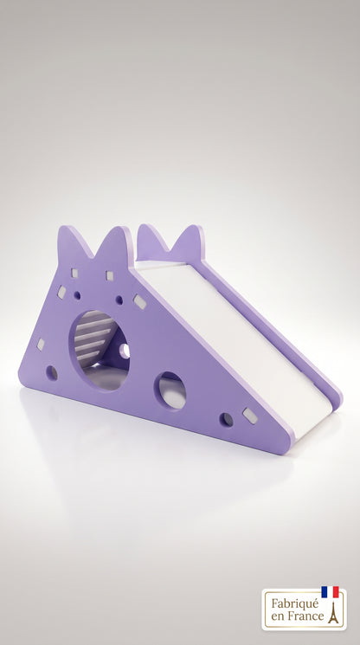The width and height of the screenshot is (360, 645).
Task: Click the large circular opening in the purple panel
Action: [99, 351]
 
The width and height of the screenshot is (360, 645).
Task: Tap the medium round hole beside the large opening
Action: [170, 390]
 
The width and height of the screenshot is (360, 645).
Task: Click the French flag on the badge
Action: [330, 591]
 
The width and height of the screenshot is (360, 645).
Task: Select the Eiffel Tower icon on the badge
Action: [333, 612]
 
